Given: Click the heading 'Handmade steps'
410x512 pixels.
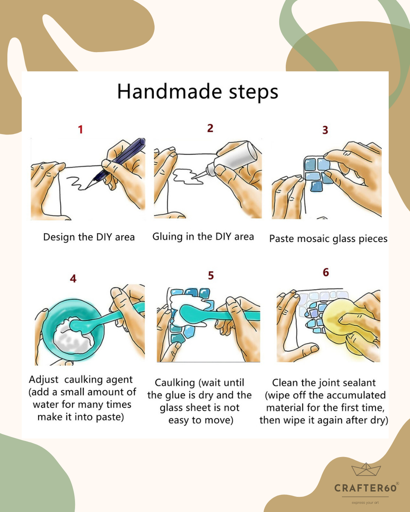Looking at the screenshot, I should coord(198,91).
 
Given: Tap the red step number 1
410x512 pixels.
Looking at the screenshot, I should coord(80,130).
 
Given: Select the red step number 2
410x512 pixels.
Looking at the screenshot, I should coord(210,128).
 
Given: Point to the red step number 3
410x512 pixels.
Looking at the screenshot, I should coord(325,130).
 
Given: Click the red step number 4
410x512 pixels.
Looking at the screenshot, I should coord(73,279).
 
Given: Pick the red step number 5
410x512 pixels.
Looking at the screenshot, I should coord(211,276).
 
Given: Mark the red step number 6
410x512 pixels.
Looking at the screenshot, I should coord(326,272).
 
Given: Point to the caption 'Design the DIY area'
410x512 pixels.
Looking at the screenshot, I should coord(89,237).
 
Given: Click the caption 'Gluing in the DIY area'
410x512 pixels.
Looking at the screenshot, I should coord(203,237).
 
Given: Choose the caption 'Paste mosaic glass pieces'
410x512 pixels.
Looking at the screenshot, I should coord(328,239).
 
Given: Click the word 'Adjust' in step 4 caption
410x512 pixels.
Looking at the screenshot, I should coord(43,380).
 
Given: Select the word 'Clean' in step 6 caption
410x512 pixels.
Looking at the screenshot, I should coord(285,383).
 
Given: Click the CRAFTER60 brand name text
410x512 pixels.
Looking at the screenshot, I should coord(365,488).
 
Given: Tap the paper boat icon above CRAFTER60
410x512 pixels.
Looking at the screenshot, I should coord(366,470).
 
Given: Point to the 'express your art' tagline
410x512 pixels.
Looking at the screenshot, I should coord(365,503).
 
